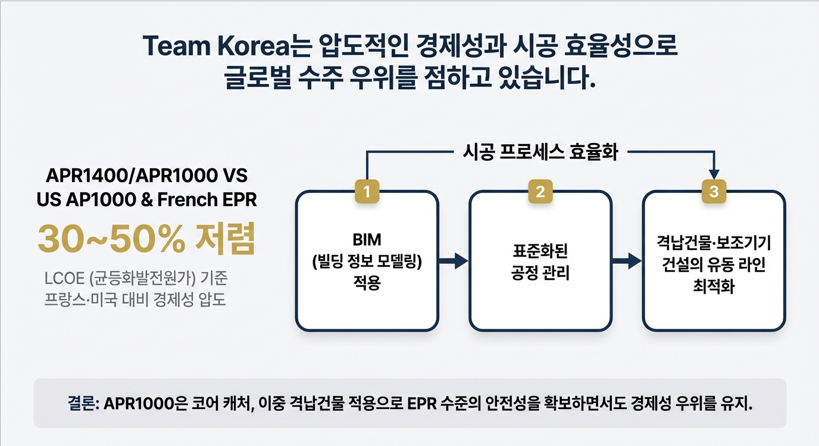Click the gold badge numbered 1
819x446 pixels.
click(x=367, y=192)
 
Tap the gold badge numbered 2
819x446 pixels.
click(x=540, y=192)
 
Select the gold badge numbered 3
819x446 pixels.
click(x=714, y=192)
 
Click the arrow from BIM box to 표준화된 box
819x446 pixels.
click(x=454, y=260)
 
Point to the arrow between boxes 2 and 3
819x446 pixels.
click(x=627, y=260)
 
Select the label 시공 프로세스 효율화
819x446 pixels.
click(x=540, y=153)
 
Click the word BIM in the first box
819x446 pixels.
click(x=367, y=239)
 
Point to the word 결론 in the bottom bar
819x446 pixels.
click(x=82, y=404)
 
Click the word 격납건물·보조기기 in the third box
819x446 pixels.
click(x=714, y=242)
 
